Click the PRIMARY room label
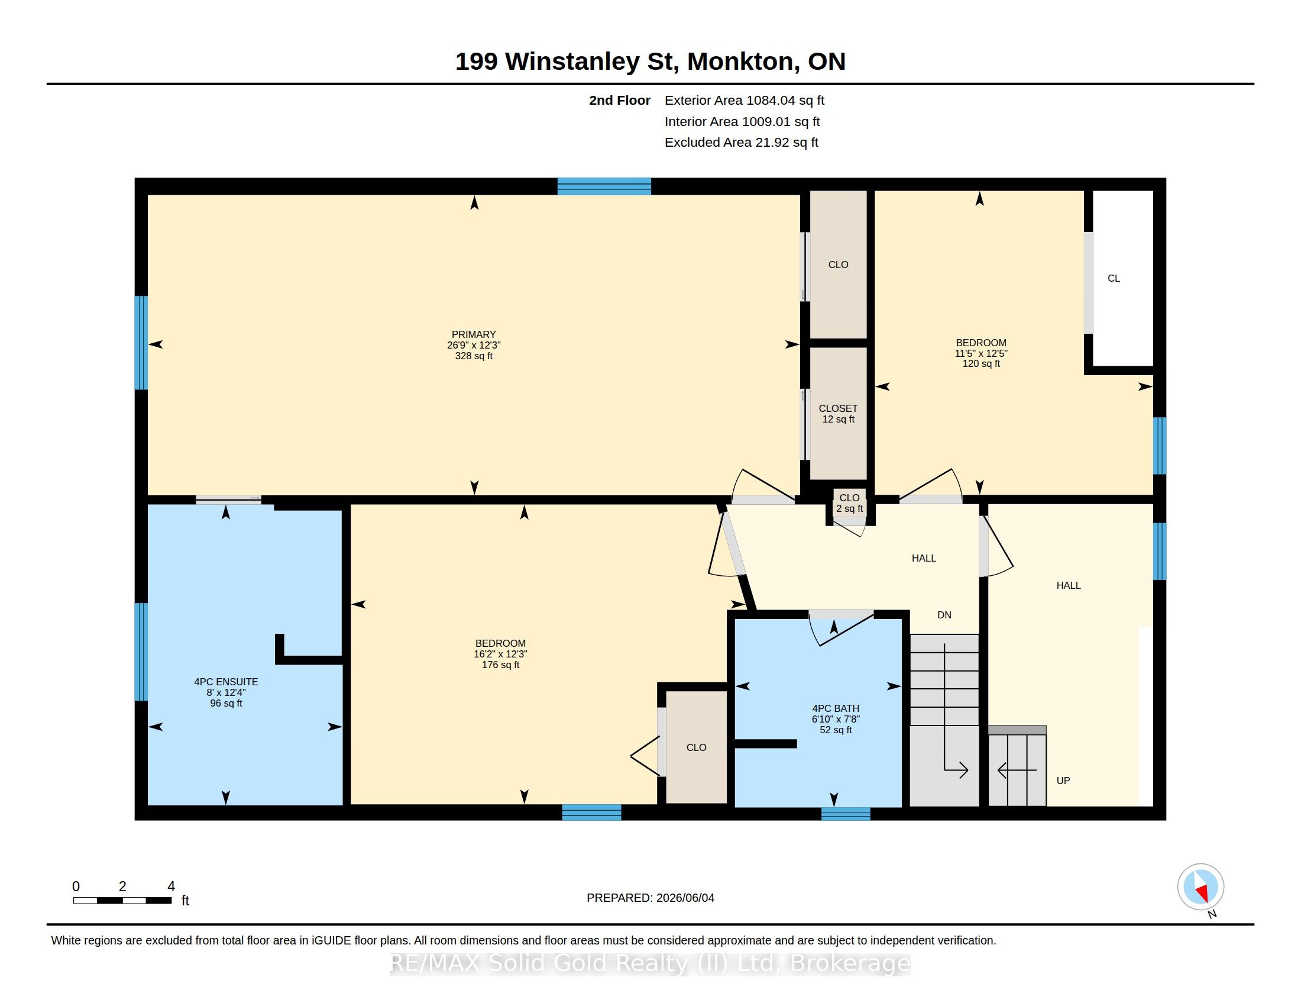coord(474,334)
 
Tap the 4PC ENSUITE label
coord(226,682)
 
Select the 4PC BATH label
coord(836,708)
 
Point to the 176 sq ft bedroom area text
coord(500,665)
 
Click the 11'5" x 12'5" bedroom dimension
coord(981,353)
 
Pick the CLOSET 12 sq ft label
coord(838,414)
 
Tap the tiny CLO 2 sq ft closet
coord(849,503)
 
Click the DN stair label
coord(944,615)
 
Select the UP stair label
coord(1063,781)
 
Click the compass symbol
coord(1200,887)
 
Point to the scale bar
coord(123,900)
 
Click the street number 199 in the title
coord(477,62)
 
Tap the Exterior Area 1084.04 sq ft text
coord(745,101)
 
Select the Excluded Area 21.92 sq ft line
coord(742,143)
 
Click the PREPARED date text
coord(650,898)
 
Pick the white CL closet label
coord(1114,278)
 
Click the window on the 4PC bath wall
coord(846,814)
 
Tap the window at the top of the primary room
coord(604,186)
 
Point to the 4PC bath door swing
coord(841,627)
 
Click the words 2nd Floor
coord(620,101)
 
